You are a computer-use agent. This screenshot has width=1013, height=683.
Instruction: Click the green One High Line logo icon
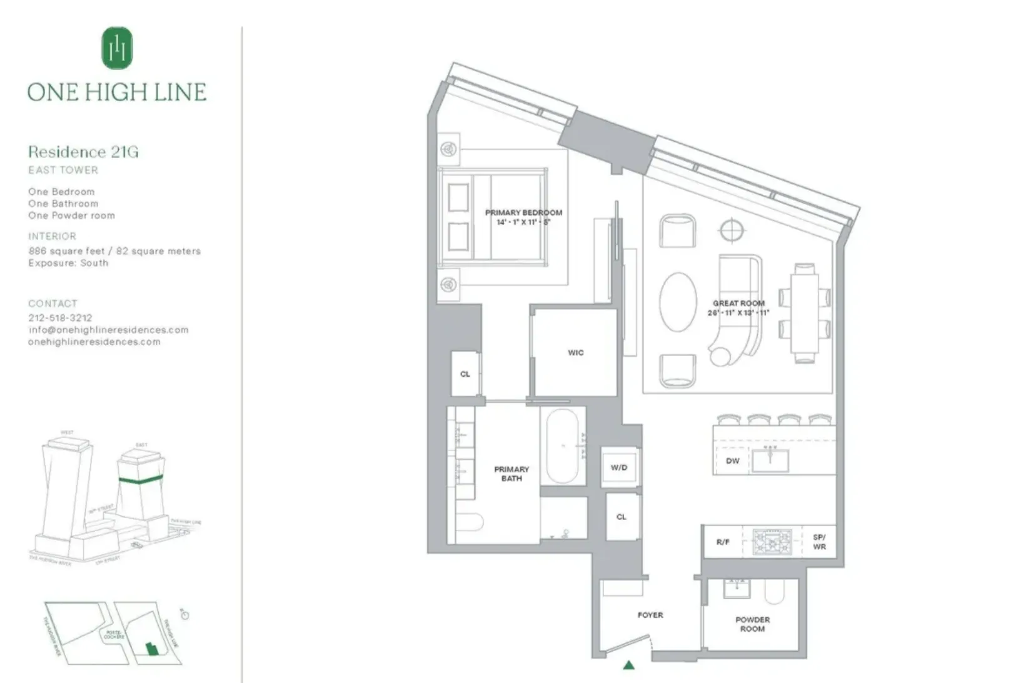(117, 48)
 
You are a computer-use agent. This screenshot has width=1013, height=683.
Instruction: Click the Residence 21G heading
(83, 152)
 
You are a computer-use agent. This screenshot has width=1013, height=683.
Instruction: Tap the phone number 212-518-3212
(60, 317)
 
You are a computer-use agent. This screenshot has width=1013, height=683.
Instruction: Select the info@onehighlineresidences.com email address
(108, 329)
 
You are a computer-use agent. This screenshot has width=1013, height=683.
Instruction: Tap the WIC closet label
(575, 352)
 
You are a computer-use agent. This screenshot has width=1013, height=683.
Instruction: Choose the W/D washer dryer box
(619, 467)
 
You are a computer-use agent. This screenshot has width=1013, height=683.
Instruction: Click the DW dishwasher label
(732, 461)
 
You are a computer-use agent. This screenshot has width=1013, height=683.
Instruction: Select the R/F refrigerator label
(723, 542)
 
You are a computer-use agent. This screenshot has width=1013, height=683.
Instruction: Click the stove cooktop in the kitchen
(772, 542)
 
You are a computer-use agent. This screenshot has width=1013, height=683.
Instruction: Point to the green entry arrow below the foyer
(629, 665)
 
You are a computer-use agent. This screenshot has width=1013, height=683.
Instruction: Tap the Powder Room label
(752, 624)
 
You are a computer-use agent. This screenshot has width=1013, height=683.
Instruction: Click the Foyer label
(650, 615)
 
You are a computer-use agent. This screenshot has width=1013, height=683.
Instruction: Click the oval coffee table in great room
(678, 302)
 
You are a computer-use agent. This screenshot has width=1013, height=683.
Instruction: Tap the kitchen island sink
(770, 460)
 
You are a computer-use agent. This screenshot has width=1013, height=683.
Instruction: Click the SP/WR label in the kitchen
(819, 542)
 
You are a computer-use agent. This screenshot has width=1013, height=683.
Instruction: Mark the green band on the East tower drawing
(141, 481)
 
